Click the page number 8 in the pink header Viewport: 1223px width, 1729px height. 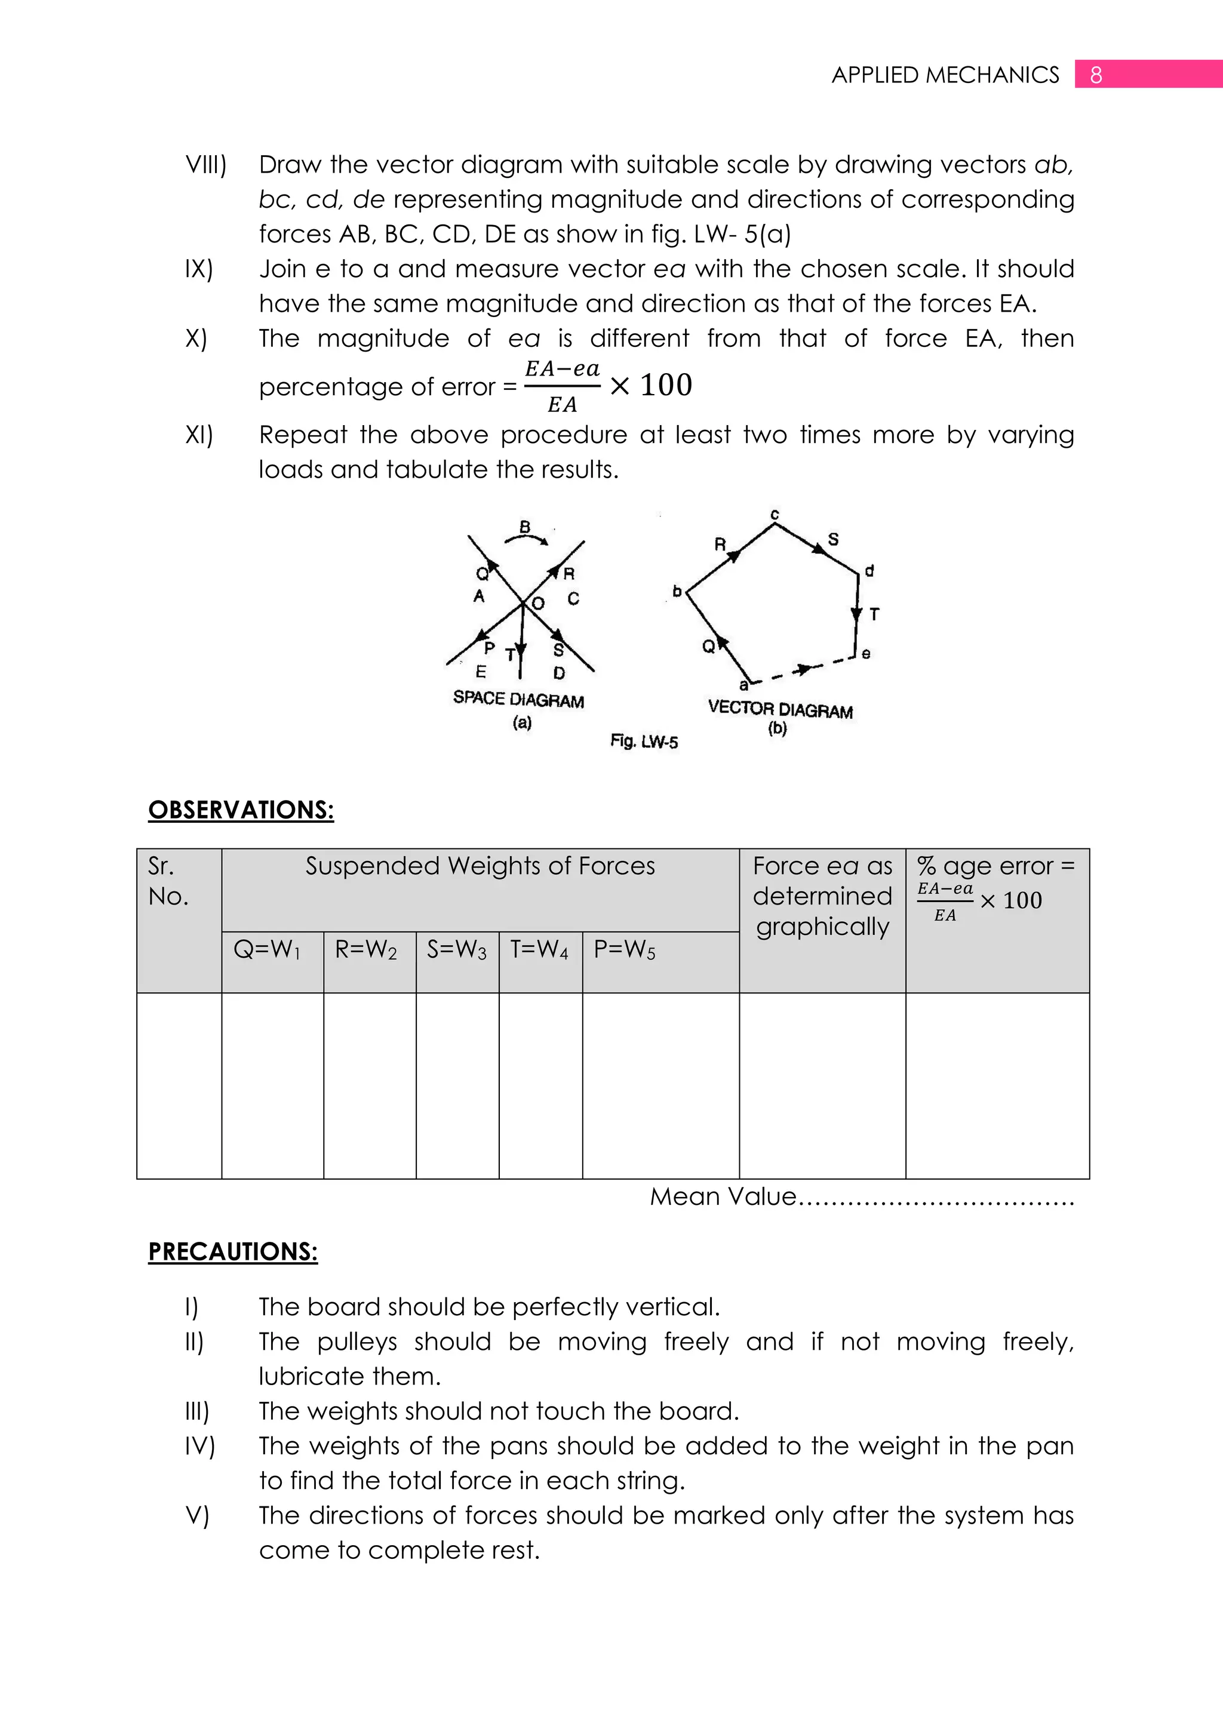(x=1096, y=75)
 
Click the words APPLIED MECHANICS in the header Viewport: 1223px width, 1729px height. (x=945, y=75)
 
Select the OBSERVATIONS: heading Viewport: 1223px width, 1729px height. (x=241, y=810)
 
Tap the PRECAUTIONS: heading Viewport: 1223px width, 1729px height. (x=233, y=1251)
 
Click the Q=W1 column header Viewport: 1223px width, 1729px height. (x=268, y=949)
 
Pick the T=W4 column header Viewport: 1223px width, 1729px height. (x=539, y=949)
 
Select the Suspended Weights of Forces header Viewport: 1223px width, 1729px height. (x=480, y=866)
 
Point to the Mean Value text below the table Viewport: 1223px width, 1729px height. (x=723, y=1196)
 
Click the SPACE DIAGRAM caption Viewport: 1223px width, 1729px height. (x=518, y=700)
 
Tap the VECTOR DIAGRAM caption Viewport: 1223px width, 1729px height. (x=780, y=709)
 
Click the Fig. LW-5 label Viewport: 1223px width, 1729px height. (x=644, y=742)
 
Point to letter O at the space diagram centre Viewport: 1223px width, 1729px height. (x=537, y=603)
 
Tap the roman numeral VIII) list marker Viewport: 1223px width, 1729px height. (x=205, y=164)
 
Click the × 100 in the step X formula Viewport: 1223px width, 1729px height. (x=652, y=386)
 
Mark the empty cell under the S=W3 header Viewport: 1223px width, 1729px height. (x=457, y=1085)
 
